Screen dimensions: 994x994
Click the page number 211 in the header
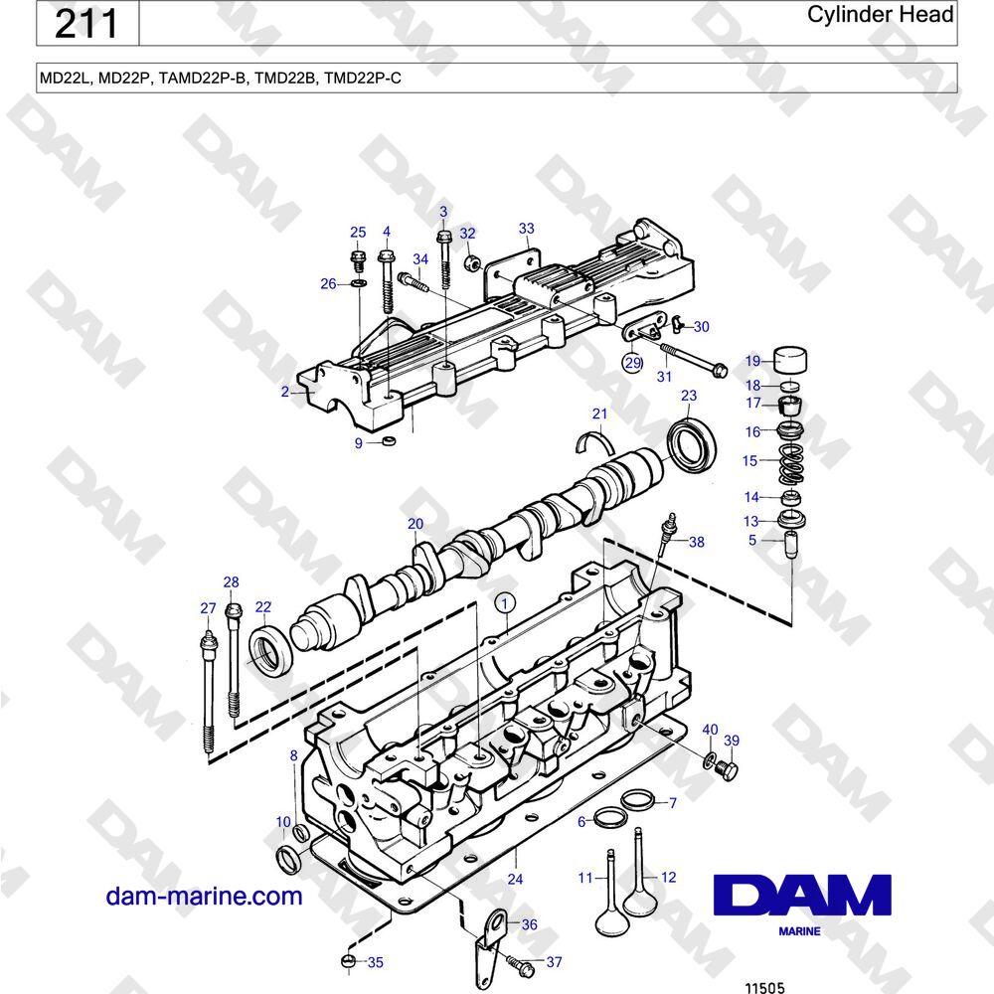[86, 24]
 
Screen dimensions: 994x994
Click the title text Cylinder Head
[880, 15]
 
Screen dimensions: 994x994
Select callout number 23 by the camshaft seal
[689, 396]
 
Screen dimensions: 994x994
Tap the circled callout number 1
[505, 603]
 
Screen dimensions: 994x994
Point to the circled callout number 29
[632, 363]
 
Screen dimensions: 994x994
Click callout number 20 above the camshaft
[415, 524]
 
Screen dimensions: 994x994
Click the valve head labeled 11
[610, 916]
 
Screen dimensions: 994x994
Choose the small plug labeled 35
[349, 961]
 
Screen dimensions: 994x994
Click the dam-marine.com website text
[204, 897]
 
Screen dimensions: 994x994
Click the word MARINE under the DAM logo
[799, 931]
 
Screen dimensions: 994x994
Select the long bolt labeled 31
[694, 358]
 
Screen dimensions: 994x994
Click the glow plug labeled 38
[666, 535]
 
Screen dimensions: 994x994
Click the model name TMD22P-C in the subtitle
[363, 79]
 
